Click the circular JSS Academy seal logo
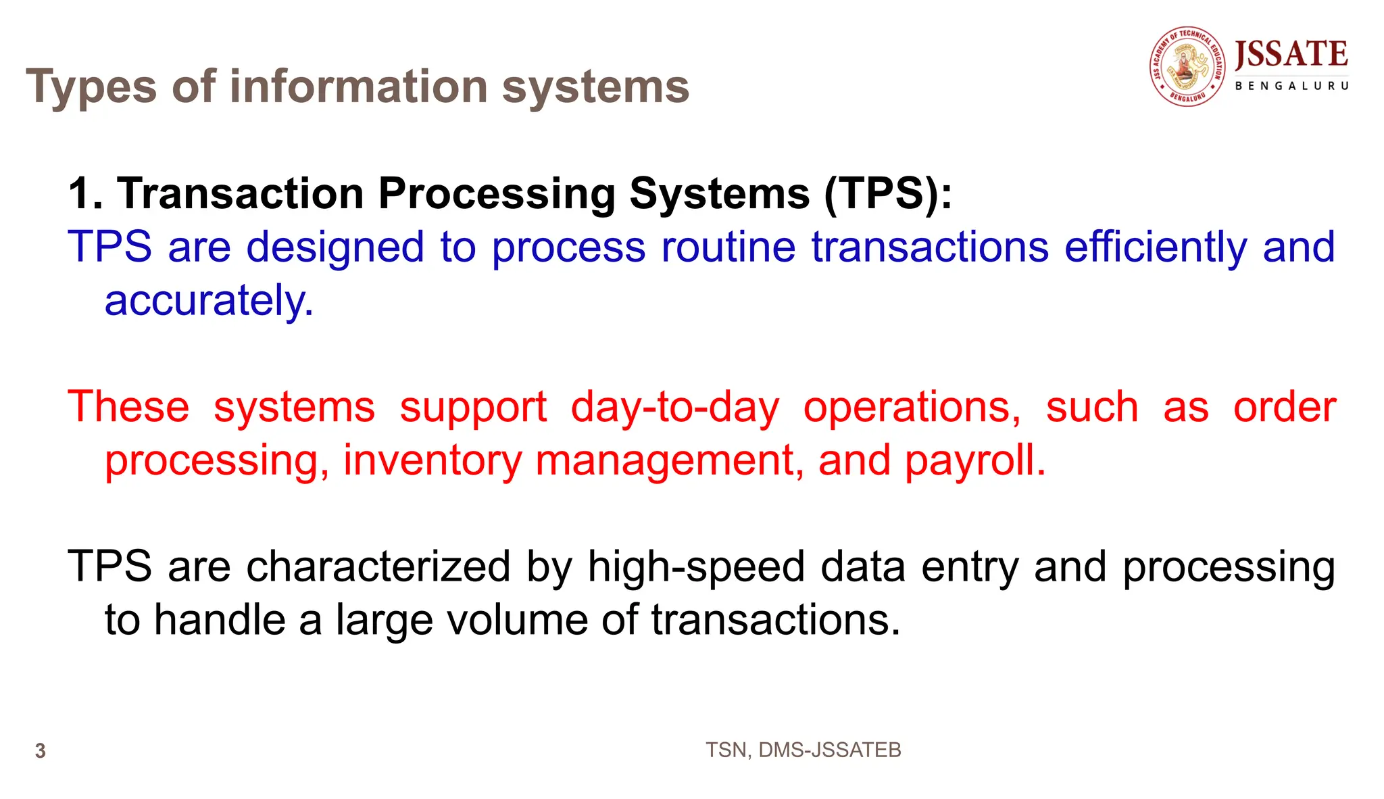pos(1187,66)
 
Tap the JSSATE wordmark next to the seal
pos(1291,55)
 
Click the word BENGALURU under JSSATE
pos(1291,87)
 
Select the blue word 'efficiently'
pos(1156,247)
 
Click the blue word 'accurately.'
pos(209,301)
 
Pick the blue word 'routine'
pos(728,247)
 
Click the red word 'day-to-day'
pos(675,408)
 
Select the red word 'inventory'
pos(432,462)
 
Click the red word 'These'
pos(128,408)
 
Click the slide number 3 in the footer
pos(41,751)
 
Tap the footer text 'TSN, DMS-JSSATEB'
pos(803,750)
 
